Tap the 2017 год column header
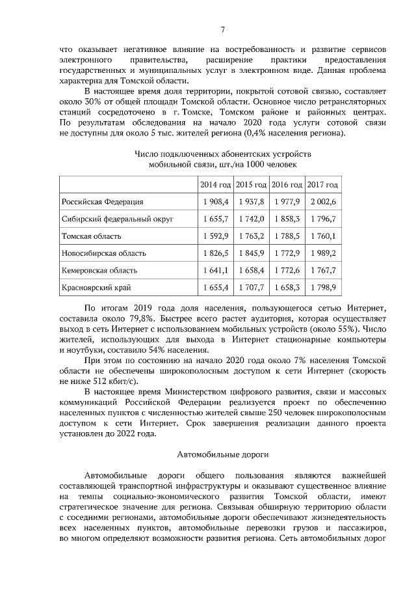pyautogui.click(x=322, y=185)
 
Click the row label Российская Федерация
pyautogui.click(x=102, y=202)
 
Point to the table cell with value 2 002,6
pyautogui.click(x=322, y=202)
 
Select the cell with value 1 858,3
pyautogui.click(x=287, y=219)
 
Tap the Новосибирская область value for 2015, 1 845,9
pyautogui.click(x=251, y=253)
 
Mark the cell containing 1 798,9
pyautogui.click(x=322, y=286)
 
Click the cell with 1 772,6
pyautogui.click(x=287, y=269)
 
